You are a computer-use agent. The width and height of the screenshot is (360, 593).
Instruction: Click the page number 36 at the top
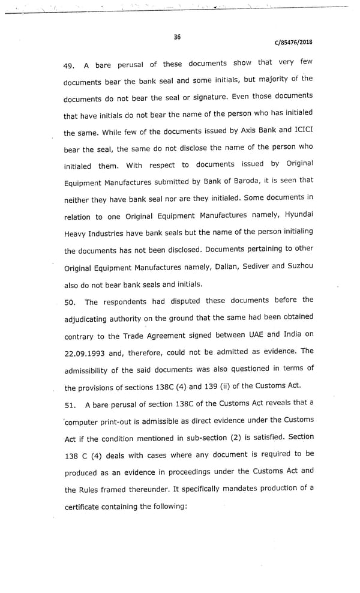[x=177, y=37]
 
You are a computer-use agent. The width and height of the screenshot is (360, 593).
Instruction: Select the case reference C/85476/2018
[x=293, y=43]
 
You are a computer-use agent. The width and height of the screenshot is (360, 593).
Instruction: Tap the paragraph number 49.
[x=71, y=66]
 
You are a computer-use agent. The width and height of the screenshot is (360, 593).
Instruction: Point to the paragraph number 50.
[x=71, y=303]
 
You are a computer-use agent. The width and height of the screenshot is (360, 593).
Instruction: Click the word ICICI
[x=303, y=130]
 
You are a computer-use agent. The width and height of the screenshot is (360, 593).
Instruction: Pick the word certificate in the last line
[x=83, y=507]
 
